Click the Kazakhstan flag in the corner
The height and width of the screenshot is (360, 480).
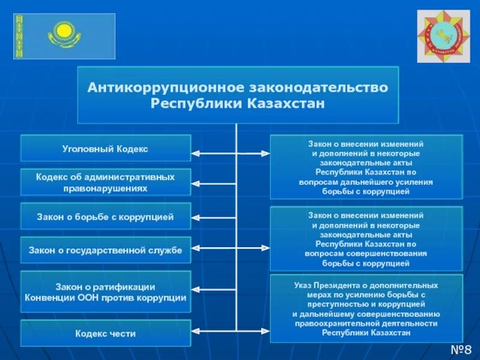[64, 37]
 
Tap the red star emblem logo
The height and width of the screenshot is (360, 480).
[443, 35]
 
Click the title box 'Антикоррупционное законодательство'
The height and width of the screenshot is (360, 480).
[238, 95]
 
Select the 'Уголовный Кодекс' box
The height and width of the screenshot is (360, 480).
[106, 148]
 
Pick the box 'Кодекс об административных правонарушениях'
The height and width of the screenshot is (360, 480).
[106, 182]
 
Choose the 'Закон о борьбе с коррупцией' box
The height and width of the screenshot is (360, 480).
[106, 217]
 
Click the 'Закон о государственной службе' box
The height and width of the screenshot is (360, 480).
[106, 250]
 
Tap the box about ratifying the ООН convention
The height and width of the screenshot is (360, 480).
[106, 292]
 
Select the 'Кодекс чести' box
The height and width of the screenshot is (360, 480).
[106, 333]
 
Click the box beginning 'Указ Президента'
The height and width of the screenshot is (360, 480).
[366, 308]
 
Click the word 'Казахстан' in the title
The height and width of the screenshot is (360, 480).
[285, 104]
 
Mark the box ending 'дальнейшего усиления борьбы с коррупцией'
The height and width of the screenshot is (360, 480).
[366, 167]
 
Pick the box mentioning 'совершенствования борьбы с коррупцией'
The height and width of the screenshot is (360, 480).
[366, 238]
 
